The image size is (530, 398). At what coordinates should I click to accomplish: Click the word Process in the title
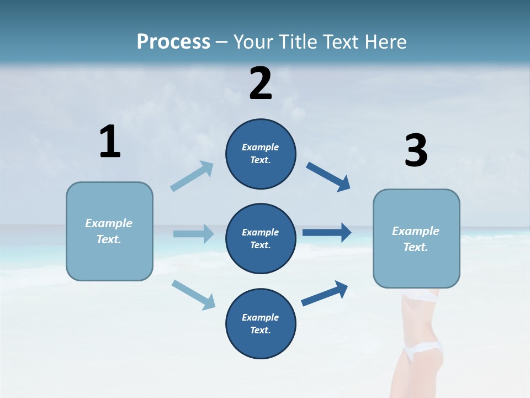point(173,42)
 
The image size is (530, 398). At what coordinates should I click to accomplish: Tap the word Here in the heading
point(385,42)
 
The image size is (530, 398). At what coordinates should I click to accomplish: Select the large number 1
point(110,142)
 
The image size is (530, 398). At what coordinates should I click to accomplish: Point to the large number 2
point(261,83)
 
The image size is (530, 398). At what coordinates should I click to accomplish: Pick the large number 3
point(416,151)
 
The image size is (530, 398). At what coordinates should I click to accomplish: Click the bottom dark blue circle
point(261,346)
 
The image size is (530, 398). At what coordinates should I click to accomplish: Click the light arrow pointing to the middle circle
point(193,234)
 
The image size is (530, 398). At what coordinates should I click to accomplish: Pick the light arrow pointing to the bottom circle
point(193,294)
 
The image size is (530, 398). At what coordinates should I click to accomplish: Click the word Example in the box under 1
point(109,223)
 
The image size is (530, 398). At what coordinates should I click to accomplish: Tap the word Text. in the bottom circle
point(261,331)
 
